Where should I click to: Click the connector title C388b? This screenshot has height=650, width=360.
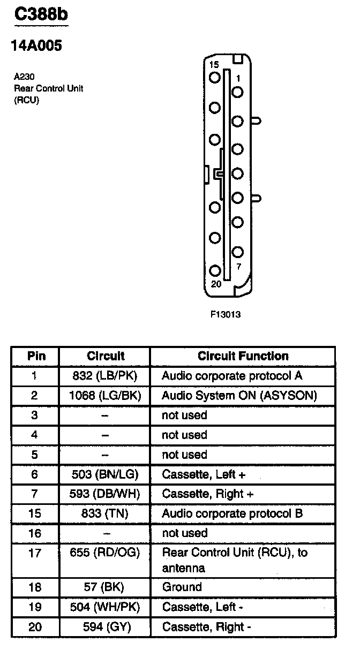[x=41, y=14]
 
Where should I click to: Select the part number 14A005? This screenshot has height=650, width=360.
[x=36, y=46]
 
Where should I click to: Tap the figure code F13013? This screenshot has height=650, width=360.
[x=225, y=314]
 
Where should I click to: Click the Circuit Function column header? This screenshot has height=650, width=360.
[x=243, y=356]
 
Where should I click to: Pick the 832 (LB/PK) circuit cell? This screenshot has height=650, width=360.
[x=105, y=376]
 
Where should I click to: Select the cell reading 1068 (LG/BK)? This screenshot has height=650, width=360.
[x=105, y=396]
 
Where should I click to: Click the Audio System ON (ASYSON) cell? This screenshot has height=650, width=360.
[x=239, y=396]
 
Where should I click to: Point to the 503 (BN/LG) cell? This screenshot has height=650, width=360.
[x=105, y=474]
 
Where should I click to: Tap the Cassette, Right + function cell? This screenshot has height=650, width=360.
[x=208, y=494]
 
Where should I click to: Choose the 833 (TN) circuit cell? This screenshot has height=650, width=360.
[x=105, y=513]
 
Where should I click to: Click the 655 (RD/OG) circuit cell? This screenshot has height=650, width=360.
[x=105, y=553]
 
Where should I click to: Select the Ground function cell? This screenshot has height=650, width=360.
[x=182, y=587]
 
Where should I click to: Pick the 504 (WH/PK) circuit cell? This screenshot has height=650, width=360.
[x=105, y=607]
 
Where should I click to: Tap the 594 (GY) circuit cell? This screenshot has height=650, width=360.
[x=105, y=626]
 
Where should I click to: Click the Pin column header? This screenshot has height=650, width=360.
[x=35, y=356]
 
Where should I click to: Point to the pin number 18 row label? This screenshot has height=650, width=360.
[x=35, y=587]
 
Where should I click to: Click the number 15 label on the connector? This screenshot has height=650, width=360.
[x=214, y=65]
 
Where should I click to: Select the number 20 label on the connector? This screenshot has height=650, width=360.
[x=216, y=284]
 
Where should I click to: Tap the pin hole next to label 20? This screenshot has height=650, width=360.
[x=215, y=271]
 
